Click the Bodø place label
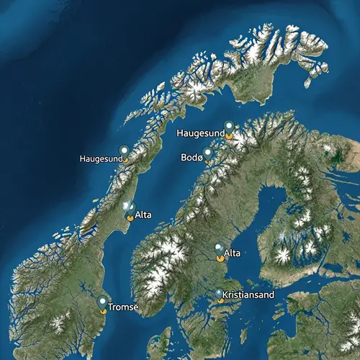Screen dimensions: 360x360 pyautogui.click(x=193, y=157)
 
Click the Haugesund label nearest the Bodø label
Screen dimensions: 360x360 pyautogui.click(x=199, y=134)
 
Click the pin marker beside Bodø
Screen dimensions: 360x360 pyautogui.click(x=207, y=153)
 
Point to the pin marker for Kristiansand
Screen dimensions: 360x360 pyautogui.click(x=219, y=294)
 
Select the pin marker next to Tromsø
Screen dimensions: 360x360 pyautogui.click(x=103, y=302)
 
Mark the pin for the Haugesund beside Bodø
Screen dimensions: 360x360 pyautogui.click(x=229, y=127)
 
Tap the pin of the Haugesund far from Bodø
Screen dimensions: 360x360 pyautogui.click(x=124, y=151)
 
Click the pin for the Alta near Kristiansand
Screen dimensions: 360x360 pyautogui.click(x=220, y=251)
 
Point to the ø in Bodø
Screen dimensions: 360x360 pyautogui.click(x=202, y=157)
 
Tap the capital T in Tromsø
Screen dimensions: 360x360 pyautogui.click(x=109, y=307)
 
